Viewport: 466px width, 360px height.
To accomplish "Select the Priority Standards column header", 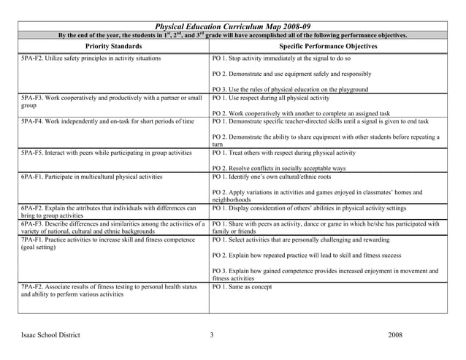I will point(113,46).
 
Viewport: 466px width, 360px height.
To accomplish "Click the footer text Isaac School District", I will point(50,335).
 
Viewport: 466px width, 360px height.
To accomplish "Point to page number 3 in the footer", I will point(211,335).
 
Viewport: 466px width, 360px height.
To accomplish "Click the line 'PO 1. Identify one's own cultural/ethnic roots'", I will point(281,177).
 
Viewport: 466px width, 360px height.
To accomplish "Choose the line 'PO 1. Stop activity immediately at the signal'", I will point(281,58).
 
